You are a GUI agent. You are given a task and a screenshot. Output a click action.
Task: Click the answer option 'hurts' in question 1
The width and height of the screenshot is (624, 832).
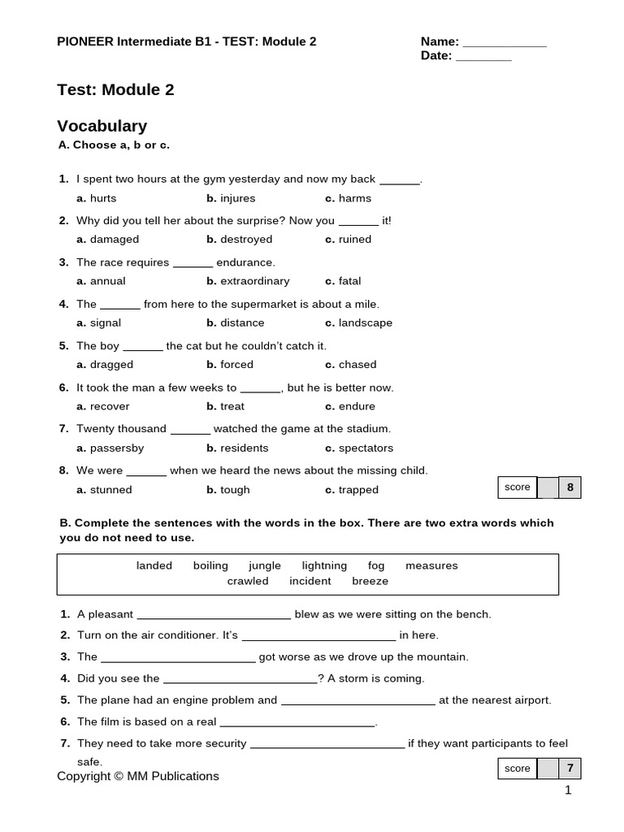[x=103, y=198]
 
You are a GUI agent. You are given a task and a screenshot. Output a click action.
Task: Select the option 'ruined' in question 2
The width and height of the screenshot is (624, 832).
[x=355, y=240]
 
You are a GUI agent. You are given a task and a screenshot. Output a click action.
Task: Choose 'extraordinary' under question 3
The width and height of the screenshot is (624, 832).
[x=254, y=281]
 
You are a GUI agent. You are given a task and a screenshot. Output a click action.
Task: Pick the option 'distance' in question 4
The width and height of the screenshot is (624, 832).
[x=242, y=323]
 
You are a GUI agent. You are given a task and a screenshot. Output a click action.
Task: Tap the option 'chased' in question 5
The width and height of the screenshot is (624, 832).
[x=357, y=365]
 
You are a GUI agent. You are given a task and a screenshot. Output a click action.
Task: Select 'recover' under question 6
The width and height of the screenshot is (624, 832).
[x=110, y=406]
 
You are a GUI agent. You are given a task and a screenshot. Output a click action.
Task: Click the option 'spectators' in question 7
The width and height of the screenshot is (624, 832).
[x=366, y=448]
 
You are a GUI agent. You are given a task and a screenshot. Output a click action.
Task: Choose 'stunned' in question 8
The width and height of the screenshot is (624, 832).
[x=110, y=490]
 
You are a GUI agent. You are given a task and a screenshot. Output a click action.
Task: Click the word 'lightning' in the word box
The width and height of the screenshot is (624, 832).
[x=324, y=565]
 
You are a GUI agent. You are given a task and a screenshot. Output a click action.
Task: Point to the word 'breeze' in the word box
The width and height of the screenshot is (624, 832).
[x=370, y=581]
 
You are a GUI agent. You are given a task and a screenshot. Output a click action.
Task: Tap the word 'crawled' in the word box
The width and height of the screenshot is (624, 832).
[x=248, y=581]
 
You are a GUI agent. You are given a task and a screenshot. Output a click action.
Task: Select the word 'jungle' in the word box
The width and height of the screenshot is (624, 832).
[x=265, y=565]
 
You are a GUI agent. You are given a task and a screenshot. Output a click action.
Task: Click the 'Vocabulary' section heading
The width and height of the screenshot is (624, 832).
[x=102, y=126]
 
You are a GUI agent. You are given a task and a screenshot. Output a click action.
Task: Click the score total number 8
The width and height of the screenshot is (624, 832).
[x=570, y=487]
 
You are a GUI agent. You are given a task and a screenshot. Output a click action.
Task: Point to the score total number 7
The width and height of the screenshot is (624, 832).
[x=570, y=769]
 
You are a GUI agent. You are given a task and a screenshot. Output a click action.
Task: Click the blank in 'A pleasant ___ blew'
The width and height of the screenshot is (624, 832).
[x=214, y=615]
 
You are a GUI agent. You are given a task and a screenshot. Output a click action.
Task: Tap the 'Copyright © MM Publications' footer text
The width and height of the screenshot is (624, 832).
[x=138, y=776]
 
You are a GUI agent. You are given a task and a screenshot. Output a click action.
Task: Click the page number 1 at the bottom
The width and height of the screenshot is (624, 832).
[x=569, y=791]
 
